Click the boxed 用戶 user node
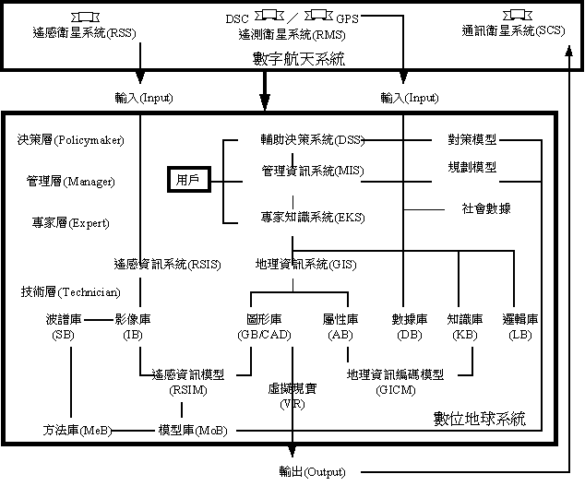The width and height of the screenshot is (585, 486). point(189,180)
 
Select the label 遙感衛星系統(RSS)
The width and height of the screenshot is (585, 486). point(84,33)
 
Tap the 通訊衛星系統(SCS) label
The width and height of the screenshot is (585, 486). point(513,30)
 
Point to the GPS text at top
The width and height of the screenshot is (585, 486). point(347,18)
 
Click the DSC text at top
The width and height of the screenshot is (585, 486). point(237,18)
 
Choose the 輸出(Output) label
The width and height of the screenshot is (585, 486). point(312,472)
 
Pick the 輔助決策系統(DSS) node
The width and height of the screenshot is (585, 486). point(312,139)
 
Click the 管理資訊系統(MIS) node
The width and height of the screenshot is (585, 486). point(313,171)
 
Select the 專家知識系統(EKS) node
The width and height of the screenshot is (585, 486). point(313,217)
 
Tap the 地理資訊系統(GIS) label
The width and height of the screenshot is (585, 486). point(306,264)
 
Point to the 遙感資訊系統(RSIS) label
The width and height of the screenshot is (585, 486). point(168,264)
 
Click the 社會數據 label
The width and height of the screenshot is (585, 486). point(486,208)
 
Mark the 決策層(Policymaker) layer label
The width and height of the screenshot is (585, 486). point(70,140)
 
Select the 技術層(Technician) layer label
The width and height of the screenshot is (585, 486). point(70,291)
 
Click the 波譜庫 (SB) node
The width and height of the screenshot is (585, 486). point(64,326)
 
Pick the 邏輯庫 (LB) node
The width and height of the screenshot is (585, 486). point(520,326)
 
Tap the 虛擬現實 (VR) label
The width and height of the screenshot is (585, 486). point(292,397)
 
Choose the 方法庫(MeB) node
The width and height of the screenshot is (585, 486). point(78,430)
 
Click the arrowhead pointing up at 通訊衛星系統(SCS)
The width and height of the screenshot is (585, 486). point(569,51)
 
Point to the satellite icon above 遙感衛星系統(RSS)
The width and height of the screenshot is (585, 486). point(86,18)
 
